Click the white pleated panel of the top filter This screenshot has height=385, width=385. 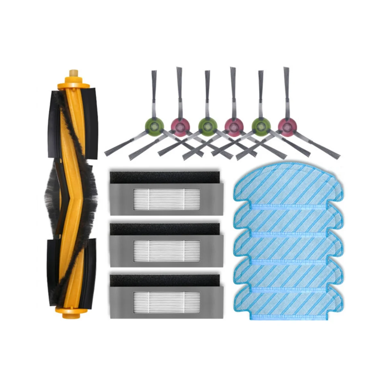pos(166,200)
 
